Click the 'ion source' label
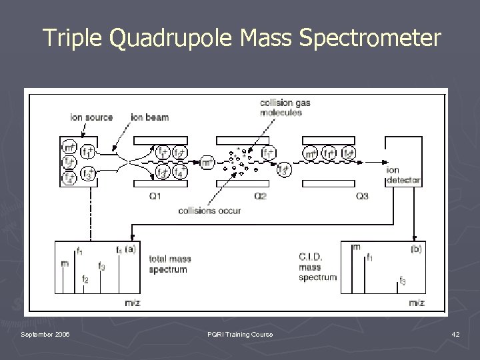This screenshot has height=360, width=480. click(x=91, y=117)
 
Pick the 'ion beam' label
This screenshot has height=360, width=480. click(x=150, y=117)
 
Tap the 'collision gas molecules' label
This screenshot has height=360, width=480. click(x=285, y=107)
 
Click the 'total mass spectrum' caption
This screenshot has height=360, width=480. click(x=168, y=265)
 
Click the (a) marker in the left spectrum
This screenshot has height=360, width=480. click(x=131, y=249)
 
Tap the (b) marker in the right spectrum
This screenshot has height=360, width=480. click(x=415, y=249)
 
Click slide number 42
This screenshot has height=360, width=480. click(x=455, y=333)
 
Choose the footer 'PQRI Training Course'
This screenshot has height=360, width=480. click(x=241, y=333)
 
